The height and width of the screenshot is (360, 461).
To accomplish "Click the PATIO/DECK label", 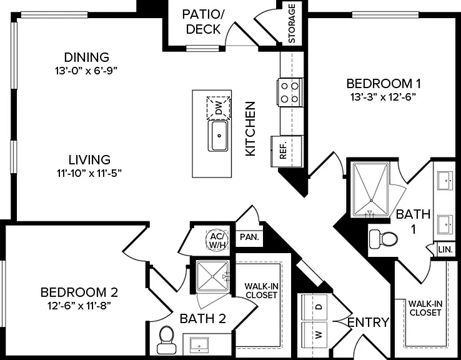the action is (x=203, y=22).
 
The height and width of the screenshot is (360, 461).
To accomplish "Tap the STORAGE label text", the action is (x=291, y=23).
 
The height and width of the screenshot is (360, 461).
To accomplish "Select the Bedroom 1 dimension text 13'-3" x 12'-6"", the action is (x=384, y=97).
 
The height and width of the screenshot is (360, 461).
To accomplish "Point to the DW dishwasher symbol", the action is (x=219, y=107).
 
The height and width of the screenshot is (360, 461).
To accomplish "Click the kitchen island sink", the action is (x=218, y=136).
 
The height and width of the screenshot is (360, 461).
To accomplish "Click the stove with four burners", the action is (x=290, y=92).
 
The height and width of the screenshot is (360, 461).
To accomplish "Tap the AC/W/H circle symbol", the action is (x=217, y=240).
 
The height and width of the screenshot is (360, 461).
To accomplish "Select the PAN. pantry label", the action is (x=249, y=237).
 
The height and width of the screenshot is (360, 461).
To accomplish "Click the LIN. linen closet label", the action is (x=445, y=250).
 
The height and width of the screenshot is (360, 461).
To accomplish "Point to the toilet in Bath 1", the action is (x=383, y=238).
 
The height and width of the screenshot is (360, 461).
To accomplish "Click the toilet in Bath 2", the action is (x=167, y=340).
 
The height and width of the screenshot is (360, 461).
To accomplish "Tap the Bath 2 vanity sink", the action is (x=199, y=345).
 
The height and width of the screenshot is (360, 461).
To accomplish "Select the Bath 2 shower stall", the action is (x=212, y=276).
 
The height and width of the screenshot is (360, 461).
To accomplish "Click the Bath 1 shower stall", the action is (x=371, y=189).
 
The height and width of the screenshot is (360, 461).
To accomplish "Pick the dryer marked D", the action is (x=315, y=307).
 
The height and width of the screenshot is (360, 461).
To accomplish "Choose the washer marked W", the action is (x=315, y=335).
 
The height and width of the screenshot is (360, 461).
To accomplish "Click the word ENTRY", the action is (x=368, y=322).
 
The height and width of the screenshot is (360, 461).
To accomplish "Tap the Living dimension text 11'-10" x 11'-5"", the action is (x=89, y=173).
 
